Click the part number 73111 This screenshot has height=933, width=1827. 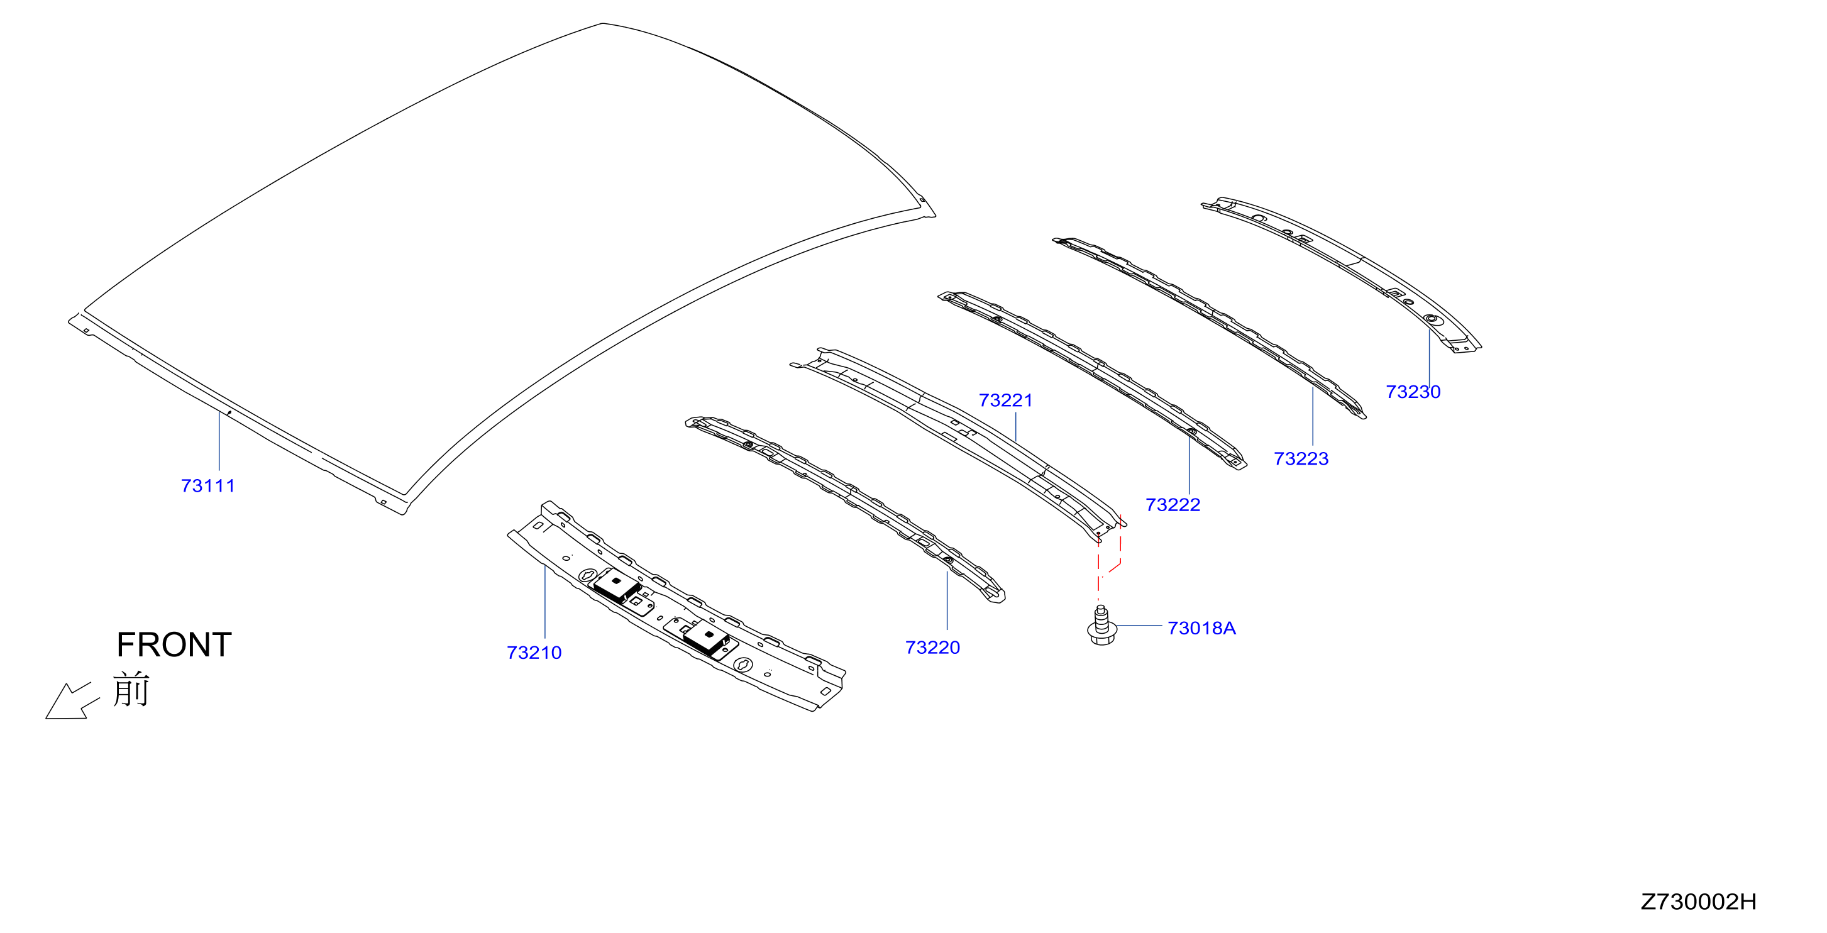(x=208, y=486)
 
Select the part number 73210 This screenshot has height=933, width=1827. (x=534, y=653)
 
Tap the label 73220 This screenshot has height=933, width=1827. (x=932, y=648)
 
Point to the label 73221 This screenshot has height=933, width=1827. (x=1006, y=400)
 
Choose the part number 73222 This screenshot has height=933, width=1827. (x=1173, y=505)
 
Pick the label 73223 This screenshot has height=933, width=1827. (x=1301, y=459)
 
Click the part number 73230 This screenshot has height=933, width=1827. (x=1413, y=392)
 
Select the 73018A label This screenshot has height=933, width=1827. (x=1202, y=629)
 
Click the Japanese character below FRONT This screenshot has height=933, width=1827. (x=131, y=689)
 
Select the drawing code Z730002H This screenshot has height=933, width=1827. (x=1699, y=902)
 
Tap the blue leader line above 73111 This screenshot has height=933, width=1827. (x=219, y=441)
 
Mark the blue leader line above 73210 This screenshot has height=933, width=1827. (x=544, y=602)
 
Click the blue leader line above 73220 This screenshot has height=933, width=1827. (x=947, y=600)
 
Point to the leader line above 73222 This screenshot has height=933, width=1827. (x=1189, y=464)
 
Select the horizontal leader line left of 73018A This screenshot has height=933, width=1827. (x=1139, y=626)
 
